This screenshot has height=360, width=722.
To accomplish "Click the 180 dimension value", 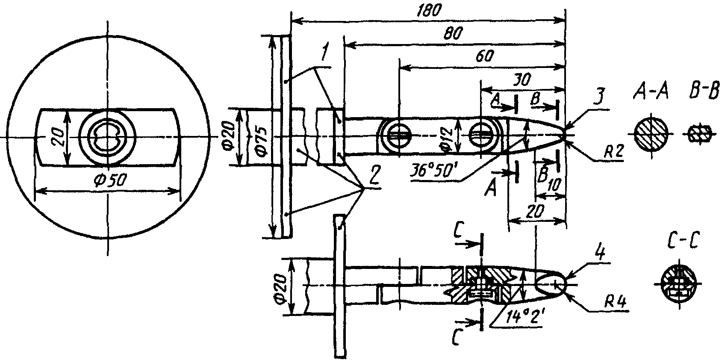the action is coord(428,11).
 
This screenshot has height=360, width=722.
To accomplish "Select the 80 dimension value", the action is coord(454,33).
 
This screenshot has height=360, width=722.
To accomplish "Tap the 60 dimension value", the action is coord(484,56).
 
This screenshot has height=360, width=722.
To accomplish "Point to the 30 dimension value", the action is coord(521,79).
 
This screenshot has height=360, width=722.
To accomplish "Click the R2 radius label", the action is coord(614,151).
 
